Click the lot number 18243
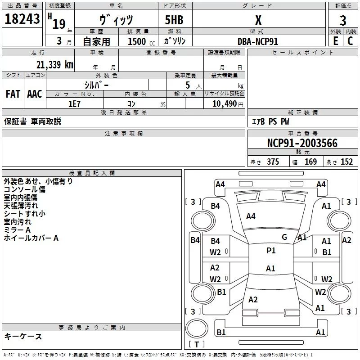(x=22, y=19)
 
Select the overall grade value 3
(x=343, y=20)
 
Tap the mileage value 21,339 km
(x=54, y=65)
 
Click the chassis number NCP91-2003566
(x=302, y=143)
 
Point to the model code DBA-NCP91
(x=258, y=41)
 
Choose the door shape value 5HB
(x=174, y=20)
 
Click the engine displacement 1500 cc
(x=141, y=41)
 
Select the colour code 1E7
(x=74, y=104)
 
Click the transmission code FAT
(x=13, y=94)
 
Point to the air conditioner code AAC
(x=35, y=94)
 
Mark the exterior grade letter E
(x=336, y=41)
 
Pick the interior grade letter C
(x=350, y=41)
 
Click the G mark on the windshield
(x=284, y=237)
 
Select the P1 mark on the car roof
(x=271, y=251)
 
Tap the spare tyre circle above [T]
(x=197, y=328)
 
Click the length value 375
(x=273, y=162)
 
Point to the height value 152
(x=346, y=162)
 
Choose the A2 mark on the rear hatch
(x=253, y=299)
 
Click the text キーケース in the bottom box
(x=23, y=336)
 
